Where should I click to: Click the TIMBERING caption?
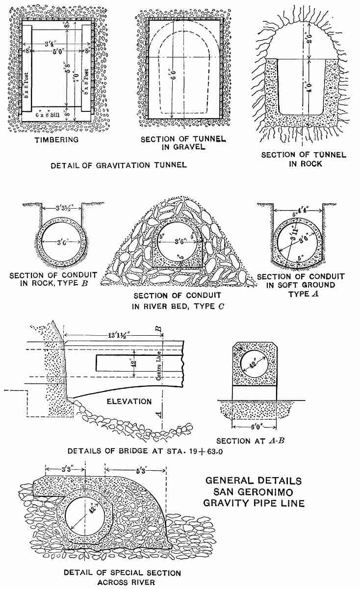pos(57,140)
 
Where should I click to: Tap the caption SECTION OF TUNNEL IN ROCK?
pos(304,159)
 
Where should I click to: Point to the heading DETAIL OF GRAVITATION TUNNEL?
pos(119,165)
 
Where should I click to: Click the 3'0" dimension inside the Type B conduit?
pos(61,241)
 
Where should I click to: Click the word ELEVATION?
pos(129,402)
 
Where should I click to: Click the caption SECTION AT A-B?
pos(251,441)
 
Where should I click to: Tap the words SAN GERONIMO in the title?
pos(255,492)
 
